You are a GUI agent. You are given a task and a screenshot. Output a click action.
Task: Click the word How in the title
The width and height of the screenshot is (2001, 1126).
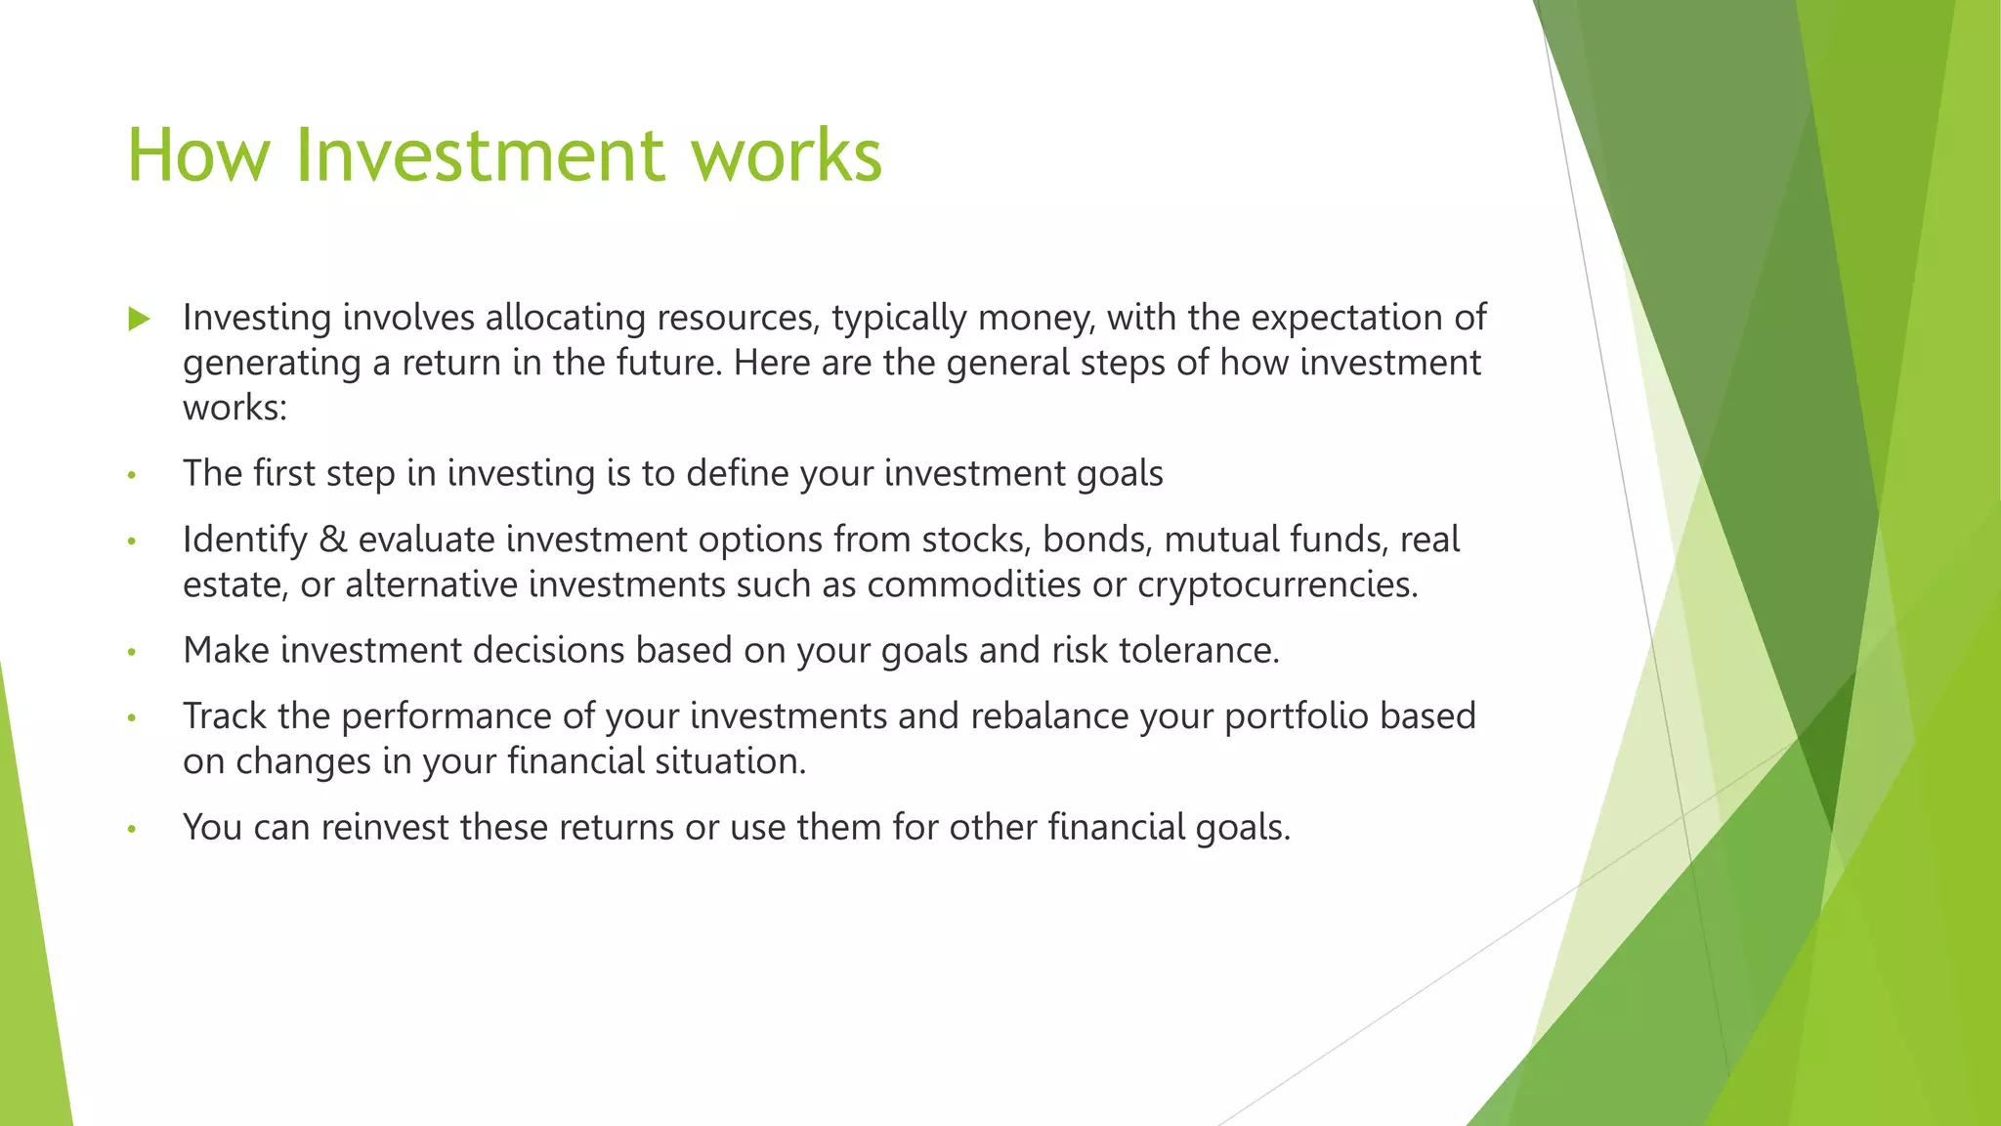point(198,154)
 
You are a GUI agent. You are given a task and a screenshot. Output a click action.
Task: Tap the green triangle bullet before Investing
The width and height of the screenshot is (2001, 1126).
point(139,319)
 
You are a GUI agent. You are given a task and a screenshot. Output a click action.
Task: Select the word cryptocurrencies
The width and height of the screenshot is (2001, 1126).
point(1276,585)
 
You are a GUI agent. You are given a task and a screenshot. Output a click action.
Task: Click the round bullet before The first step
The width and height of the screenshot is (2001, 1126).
point(131,476)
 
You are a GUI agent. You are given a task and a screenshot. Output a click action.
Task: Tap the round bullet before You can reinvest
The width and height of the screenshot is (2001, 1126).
point(131,830)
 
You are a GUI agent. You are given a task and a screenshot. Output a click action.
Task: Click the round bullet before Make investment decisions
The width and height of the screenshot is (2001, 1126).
point(131,652)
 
